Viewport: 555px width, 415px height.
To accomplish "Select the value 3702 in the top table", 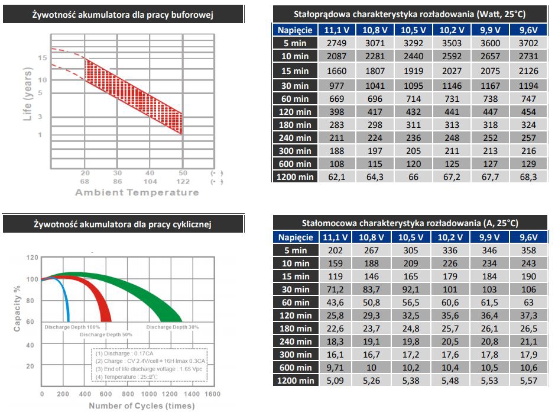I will tap(528, 43).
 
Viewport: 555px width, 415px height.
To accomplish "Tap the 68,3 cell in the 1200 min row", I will tap(528, 176).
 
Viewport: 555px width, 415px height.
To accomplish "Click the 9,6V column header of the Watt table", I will tap(528, 30).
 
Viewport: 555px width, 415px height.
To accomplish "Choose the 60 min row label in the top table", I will tap(296, 99).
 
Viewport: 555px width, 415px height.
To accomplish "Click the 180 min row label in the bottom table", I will tap(296, 329).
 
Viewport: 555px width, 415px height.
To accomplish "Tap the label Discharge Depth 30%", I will tap(173, 327).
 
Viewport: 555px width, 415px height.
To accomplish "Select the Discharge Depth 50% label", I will tap(106, 335).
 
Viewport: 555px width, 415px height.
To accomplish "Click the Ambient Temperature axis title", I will tap(137, 192).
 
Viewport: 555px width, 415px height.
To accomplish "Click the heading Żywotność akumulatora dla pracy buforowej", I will tap(123, 14).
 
